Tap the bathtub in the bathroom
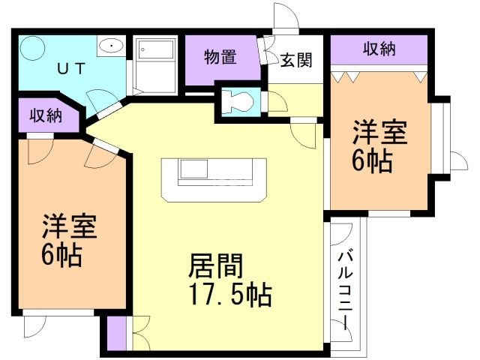155,64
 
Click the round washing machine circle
33,50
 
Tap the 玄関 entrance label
295,60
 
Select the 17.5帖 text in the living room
229,293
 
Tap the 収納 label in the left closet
45,116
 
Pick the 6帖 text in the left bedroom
61,256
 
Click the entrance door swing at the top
284,17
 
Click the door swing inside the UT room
98,100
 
